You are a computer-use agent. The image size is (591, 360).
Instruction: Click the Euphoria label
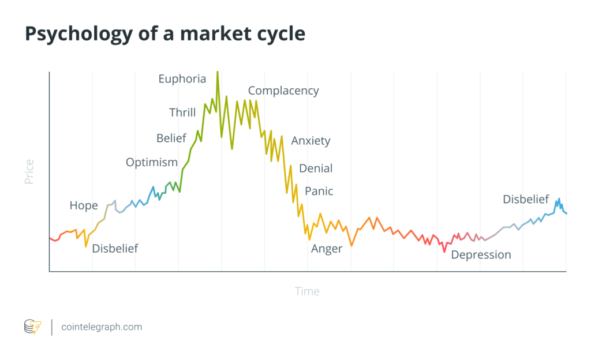coord(182,79)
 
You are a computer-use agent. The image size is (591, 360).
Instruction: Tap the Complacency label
coord(283,91)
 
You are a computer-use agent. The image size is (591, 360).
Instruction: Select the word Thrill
coord(182,112)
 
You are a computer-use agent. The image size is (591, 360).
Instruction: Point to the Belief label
coord(171,138)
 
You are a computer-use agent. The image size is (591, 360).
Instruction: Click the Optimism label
coord(152,162)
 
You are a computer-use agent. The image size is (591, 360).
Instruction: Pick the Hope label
coord(84,205)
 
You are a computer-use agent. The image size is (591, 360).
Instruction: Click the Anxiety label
coord(311,141)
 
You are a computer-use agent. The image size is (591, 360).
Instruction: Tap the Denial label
coord(316,168)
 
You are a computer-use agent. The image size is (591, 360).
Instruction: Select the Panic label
coord(319,191)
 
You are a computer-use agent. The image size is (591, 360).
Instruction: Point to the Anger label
coord(327,249)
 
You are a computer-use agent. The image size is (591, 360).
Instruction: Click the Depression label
coord(481,254)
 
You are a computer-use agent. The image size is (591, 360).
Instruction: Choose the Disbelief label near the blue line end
coord(525,199)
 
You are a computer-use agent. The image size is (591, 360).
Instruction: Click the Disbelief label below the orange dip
coord(115,249)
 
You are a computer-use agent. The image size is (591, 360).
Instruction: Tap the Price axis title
coord(29,172)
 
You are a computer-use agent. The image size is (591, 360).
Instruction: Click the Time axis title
coord(307,291)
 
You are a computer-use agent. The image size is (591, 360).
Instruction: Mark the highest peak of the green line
coord(217,73)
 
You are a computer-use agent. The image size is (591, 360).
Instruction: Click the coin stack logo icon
coord(32,327)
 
